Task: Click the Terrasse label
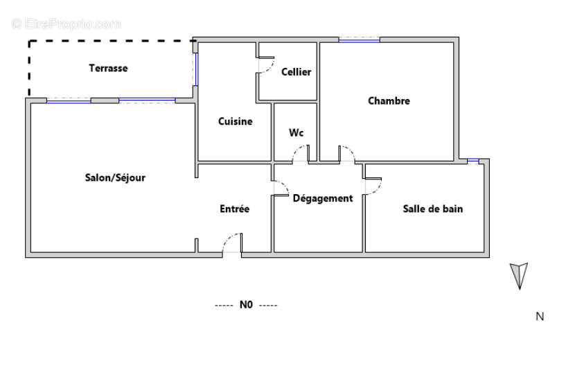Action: pyautogui.click(x=108, y=68)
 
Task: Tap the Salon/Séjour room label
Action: pyautogui.click(x=115, y=177)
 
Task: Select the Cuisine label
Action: pyautogui.click(x=236, y=121)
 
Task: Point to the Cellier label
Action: pyautogui.click(x=296, y=71)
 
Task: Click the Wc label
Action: pyautogui.click(x=297, y=132)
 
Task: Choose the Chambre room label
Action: pyautogui.click(x=389, y=100)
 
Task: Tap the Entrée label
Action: pyautogui.click(x=234, y=208)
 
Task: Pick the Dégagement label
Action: pyautogui.click(x=323, y=198)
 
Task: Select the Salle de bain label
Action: pyautogui.click(x=433, y=208)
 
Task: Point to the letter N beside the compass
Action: pyautogui.click(x=540, y=317)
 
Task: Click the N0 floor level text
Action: pyautogui.click(x=246, y=304)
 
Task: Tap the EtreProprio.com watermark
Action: pyautogui.click(x=66, y=24)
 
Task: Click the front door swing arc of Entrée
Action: pyautogui.click(x=232, y=243)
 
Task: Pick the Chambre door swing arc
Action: pyautogui.click(x=347, y=153)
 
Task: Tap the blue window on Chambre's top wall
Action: pyautogui.click(x=359, y=40)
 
